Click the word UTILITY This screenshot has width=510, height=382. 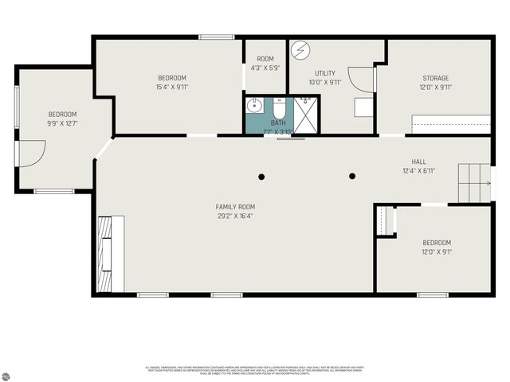[325, 73]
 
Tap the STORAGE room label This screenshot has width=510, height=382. [436, 78]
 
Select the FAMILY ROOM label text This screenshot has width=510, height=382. [236, 207]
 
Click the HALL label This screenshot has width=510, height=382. [418, 162]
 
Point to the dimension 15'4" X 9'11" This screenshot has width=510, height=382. [171, 87]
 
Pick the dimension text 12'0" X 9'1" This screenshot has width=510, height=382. [436, 252]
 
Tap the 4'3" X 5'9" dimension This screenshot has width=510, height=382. [265, 68]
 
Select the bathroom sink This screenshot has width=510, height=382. [255, 104]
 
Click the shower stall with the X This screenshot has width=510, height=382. [304, 115]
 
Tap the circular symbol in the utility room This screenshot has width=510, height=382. [300, 50]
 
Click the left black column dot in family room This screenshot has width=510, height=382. [261, 176]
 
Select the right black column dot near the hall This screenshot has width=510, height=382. [352, 176]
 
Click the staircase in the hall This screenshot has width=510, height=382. [473, 182]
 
